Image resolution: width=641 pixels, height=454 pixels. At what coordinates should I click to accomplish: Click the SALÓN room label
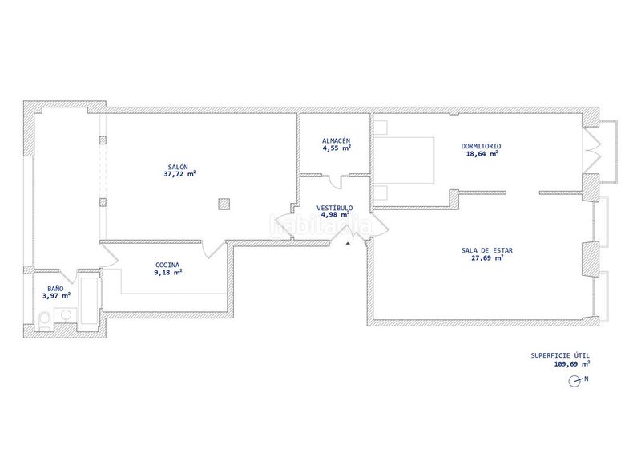pyautogui.click(x=178, y=167)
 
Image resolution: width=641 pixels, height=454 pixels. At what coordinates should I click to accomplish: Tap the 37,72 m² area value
pyautogui.click(x=179, y=174)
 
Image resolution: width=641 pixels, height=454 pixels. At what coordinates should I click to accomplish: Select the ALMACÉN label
pyautogui.click(x=336, y=141)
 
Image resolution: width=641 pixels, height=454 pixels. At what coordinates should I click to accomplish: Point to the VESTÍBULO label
pyautogui.click(x=334, y=208)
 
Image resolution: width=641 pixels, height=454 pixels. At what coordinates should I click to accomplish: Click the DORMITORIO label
pyautogui.click(x=481, y=146)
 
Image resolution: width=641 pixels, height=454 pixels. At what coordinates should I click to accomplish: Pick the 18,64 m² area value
pyautogui.click(x=482, y=154)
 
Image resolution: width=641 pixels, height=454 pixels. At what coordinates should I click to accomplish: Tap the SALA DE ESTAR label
pyautogui.click(x=487, y=250)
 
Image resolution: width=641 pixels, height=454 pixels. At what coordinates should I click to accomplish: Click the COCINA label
pyautogui.click(x=167, y=266)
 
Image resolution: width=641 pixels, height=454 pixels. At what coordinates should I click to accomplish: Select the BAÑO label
pyautogui.click(x=55, y=289)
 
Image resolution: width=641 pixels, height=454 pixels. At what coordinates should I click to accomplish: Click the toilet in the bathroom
pyautogui.click(x=44, y=321)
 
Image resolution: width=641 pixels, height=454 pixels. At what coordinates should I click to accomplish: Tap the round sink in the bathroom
pyautogui.click(x=67, y=314)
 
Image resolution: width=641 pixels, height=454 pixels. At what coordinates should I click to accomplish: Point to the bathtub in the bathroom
pyautogui.click(x=90, y=301)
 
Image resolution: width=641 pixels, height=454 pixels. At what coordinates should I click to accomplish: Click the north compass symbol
pyautogui.click(x=574, y=381)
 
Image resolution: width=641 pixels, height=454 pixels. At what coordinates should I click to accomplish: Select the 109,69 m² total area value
pyautogui.click(x=572, y=363)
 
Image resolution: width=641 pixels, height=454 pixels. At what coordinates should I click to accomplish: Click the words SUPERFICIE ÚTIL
pyautogui.click(x=560, y=355)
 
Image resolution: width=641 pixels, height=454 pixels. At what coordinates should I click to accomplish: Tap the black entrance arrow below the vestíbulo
pyautogui.click(x=348, y=244)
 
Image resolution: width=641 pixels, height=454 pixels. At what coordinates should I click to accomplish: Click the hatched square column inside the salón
pyautogui.click(x=224, y=204)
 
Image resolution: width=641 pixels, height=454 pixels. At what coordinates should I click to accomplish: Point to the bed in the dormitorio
pyautogui.click(x=404, y=160)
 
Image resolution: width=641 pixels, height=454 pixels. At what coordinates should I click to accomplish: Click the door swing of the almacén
pyautogui.click(x=337, y=183)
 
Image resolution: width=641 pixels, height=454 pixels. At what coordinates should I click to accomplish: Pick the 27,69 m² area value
pyautogui.click(x=487, y=258)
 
